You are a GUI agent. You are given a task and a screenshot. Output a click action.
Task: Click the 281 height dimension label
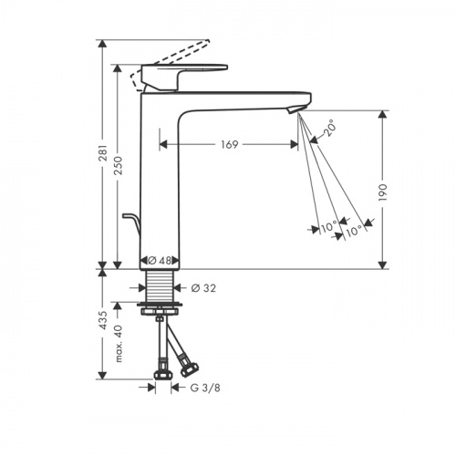tap(103, 153)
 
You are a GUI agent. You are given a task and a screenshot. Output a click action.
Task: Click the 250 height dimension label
tap(118, 165)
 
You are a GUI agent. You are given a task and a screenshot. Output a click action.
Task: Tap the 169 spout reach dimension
tap(229, 145)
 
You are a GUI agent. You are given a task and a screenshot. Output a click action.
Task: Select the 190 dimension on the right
tap(383, 192)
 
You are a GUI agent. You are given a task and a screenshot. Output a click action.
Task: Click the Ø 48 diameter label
tap(160, 261)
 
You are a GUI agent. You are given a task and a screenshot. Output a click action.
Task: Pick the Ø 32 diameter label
tap(203, 288)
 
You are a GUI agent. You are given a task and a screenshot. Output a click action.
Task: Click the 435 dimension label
tap(103, 320)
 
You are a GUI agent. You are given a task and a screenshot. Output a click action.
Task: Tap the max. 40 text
tap(119, 344)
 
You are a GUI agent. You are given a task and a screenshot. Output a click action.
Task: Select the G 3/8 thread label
tap(205, 388)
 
